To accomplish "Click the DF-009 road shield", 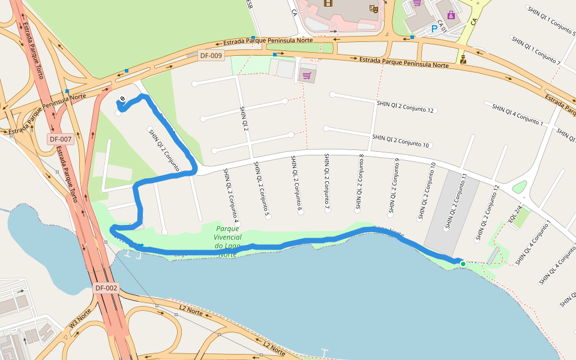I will click(211, 56).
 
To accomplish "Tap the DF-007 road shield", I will click(61, 139).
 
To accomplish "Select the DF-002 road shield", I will click(106, 289).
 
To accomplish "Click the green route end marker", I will click(463, 263).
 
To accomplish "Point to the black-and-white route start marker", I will click(122, 99).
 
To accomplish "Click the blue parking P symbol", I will click(434, 28).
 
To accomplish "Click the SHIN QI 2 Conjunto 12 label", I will click(405, 107).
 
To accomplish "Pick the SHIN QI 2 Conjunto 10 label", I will click(400, 141).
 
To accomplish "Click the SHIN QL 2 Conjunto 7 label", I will click(327, 182).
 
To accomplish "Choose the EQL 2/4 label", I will click(515, 215).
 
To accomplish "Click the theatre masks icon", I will click(373, 8).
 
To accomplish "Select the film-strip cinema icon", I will click(328, 2).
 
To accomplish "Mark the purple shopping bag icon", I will click(451, 15).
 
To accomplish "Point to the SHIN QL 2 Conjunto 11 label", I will click(455, 200).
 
